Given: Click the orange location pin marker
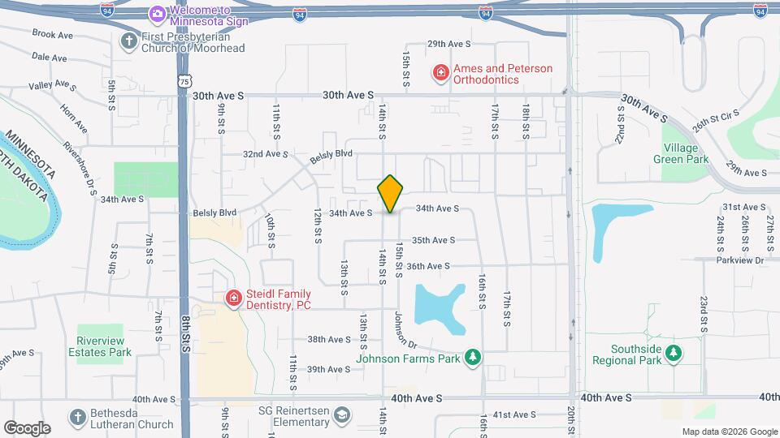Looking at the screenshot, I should [390, 194].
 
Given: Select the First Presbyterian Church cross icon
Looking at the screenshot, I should [128, 41].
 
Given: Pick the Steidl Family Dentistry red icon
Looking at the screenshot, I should [234, 299].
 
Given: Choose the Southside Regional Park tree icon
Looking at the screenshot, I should [672, 353].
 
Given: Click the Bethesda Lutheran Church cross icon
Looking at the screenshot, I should [77, 418].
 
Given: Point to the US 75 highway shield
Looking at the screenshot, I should [186, 79].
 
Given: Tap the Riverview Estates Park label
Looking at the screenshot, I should [104, 346].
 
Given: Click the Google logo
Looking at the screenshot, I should [27, 427].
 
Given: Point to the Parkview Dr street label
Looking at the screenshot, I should [741, 260].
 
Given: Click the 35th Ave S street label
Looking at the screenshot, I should [433, 240].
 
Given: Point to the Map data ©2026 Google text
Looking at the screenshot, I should [729, 432].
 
